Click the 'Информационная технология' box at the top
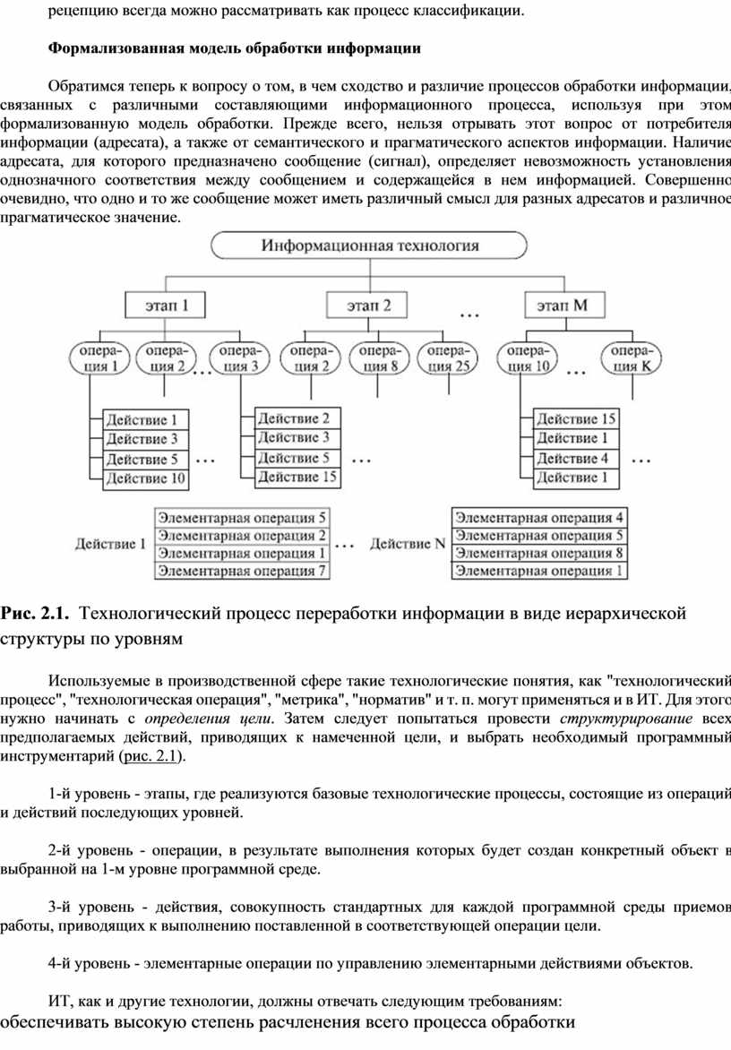click(x=369, y=245)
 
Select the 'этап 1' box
click(x=166, y=306)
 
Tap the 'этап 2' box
click(x=367, y=306)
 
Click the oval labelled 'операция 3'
click(x=239, y=357)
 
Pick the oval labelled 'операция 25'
click(x=448, y=357)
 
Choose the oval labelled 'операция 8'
click(x=379, y=357)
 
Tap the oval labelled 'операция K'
click(x=630, y=357)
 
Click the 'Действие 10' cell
click(x=145, y=478)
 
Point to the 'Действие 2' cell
click(x=297, y=418)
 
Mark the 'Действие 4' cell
click(x=576, y=459)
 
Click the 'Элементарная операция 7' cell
click(x=242, y=572)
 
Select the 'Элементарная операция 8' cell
click(x=539, y=553)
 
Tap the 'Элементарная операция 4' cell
click(x=539, y=518)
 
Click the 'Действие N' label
click(x=407, y=544)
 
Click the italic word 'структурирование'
click(x=626, y=719)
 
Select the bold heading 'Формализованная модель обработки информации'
click(x=235, y=48)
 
